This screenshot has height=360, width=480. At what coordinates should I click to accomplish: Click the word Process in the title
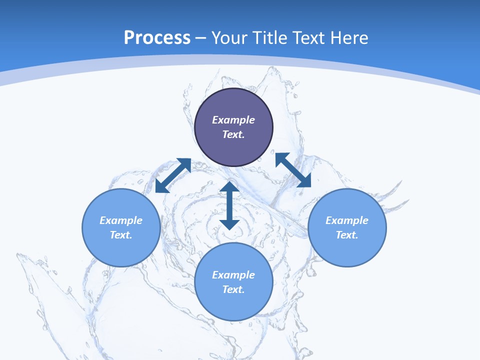point(157,38)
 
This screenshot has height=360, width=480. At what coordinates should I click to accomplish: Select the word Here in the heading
point(348,38)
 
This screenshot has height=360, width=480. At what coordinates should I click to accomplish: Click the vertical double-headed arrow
point(229,205)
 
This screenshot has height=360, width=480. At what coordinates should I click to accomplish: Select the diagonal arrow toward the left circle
point(173,175)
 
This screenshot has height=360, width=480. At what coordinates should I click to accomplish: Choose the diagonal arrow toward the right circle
point(293,170)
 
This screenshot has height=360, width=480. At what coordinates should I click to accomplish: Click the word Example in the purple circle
point(233,120)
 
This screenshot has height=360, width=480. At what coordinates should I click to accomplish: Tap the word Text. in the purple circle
point(233,134)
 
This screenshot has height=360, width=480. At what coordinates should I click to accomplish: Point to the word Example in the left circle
point(121,220)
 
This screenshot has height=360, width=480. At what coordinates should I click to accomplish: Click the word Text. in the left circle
point(121,235)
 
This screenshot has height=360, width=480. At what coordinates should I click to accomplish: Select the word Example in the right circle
point(347,220)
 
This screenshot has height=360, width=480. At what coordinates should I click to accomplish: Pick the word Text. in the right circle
point(347,235)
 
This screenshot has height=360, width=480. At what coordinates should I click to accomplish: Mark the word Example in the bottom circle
point(233,275)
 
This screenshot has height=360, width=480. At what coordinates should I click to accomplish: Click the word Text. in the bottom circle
point(233,289)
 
